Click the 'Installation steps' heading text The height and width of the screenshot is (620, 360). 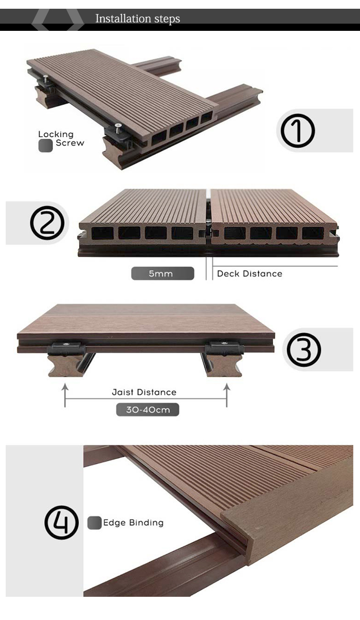coord(138,19)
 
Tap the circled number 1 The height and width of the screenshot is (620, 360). coord(298,131)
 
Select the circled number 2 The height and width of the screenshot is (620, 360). coord(47,223)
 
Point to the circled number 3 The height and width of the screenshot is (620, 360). coord(304,350)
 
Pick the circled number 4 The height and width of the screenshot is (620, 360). coord(62,522)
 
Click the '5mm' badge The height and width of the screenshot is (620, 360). coord(163,273)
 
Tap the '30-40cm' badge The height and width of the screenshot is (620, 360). coord(148,410)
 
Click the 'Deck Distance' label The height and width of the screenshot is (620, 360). coord(249,273)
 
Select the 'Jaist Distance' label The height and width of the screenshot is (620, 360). coord(144,392)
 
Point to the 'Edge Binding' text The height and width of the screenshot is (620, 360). coord(133,522)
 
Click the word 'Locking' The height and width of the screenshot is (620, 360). coord(56,135)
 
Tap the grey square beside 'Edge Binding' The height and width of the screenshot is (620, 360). coord(95,523)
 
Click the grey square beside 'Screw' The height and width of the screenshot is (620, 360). coord(45,145)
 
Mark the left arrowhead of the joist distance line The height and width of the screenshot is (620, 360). coord(65,387)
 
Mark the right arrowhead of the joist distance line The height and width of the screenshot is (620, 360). coord(227,387)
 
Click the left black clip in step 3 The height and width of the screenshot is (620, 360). coord(66,349)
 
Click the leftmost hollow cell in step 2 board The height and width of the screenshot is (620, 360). coord(103,233)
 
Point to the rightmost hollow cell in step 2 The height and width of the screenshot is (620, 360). coord(313,233)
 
